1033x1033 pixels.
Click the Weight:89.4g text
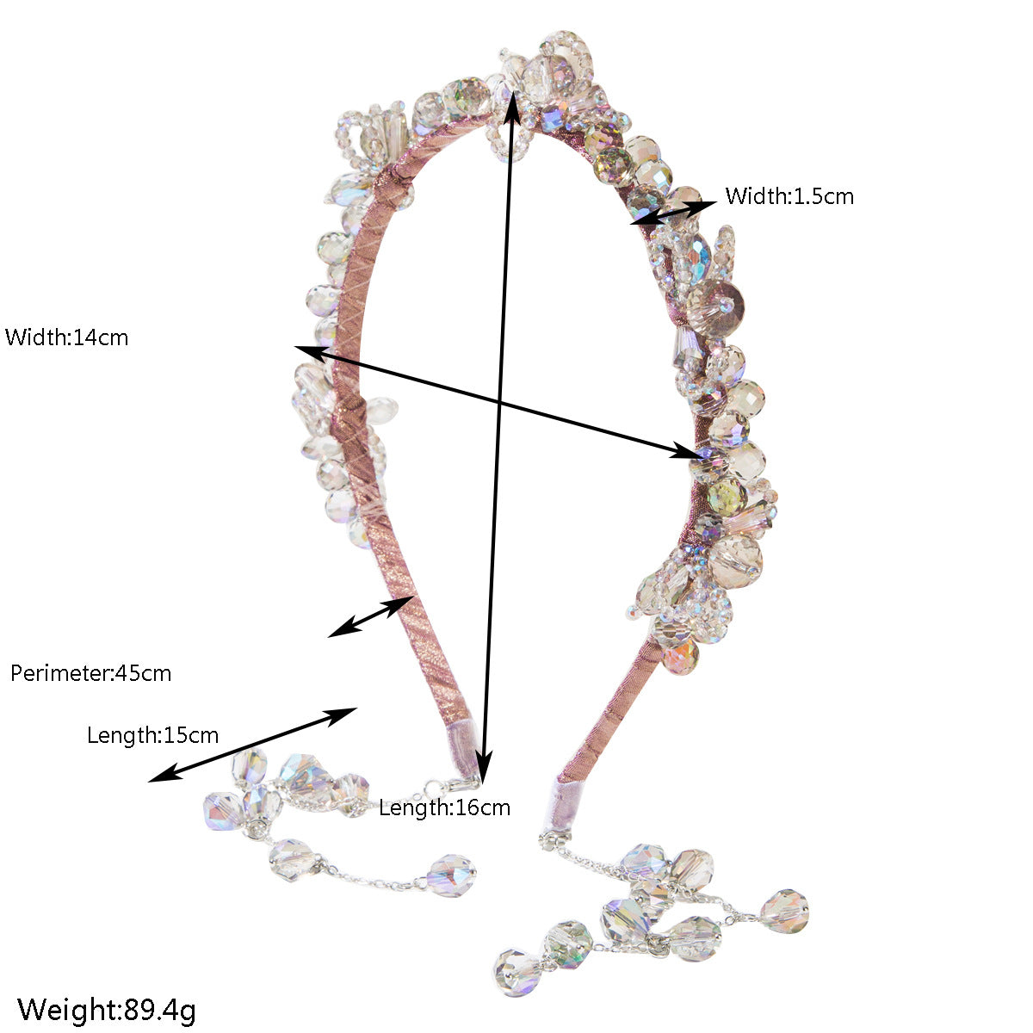pos(107,1010)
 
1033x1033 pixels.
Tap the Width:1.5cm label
pos(789,196)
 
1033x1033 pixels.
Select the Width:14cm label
pos(66,337)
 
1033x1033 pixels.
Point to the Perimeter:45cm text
pos(90,673)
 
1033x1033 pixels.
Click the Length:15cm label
pos(152,735)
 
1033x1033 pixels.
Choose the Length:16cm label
pos(444,807)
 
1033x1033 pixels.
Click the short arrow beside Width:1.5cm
pos(673,213)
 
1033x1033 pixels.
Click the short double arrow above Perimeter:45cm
pos(372,616)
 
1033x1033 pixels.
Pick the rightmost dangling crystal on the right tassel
pos(784,911)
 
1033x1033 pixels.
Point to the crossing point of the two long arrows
pos(499,401)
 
